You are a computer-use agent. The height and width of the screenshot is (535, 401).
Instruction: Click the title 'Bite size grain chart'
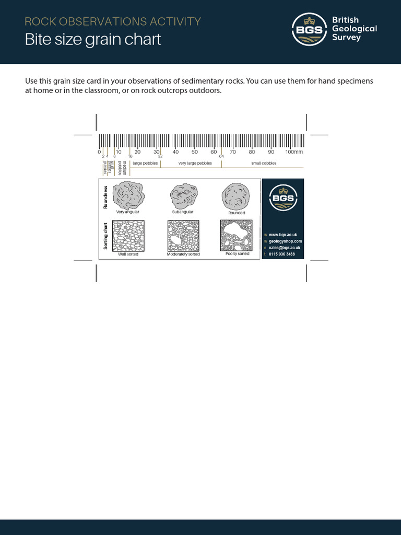(x=93, y=40)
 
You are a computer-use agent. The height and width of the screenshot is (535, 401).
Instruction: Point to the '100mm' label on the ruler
(x=293, y=152)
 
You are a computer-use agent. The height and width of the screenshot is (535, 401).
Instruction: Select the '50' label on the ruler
(x=194, y=152)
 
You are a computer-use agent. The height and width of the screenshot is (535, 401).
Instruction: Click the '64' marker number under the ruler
(x=221, y=156)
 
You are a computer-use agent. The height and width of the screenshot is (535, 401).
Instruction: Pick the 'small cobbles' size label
(x=264, y=163)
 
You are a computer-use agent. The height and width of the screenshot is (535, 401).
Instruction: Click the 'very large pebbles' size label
(x=195, y=163)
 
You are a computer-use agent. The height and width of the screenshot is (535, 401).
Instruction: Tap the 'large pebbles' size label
(x=145, y=163)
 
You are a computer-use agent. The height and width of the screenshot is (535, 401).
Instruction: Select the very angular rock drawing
(x=128, y=195)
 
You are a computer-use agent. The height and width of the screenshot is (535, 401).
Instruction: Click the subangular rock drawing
(x=183, y=196)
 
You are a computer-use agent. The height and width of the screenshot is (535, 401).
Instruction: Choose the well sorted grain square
(x=128, y=236)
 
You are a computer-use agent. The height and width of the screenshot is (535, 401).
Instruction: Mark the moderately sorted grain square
(x=183, y=236)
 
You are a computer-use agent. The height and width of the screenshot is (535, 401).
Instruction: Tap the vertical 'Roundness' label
(x=105, y=197)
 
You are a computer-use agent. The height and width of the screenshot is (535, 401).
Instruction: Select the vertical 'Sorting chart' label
(x=105, y=236)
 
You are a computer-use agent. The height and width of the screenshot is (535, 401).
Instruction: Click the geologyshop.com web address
(x=285, y=241)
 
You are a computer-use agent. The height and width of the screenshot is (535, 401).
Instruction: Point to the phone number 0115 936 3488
(x=281, y=254)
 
